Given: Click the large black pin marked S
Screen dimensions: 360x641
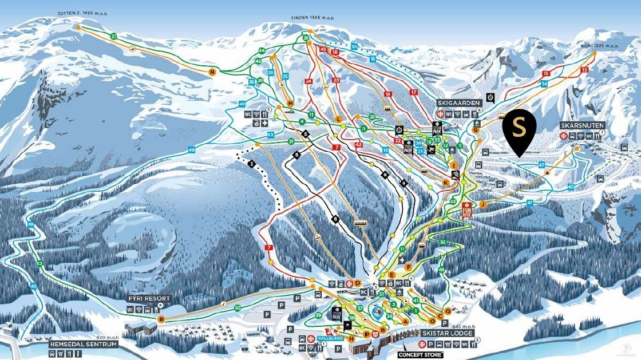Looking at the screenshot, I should pos(519,129).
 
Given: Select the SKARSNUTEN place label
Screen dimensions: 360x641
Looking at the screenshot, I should pos(583,125).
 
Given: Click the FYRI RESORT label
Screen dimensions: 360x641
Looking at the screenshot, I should pos(149,299).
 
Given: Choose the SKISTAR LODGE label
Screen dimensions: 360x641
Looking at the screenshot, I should pos(448,333).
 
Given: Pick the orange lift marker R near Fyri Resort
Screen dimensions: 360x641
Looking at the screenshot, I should pos(162,319).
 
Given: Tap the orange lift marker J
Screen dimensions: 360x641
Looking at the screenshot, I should pos(482,204).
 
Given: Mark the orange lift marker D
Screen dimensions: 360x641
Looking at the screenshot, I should pos(357,283).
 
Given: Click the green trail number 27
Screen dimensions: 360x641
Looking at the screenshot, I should pos(114,37).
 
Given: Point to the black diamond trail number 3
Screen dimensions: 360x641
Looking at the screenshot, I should pos(251,164).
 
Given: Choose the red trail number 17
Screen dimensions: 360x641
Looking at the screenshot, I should pos(413,92).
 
